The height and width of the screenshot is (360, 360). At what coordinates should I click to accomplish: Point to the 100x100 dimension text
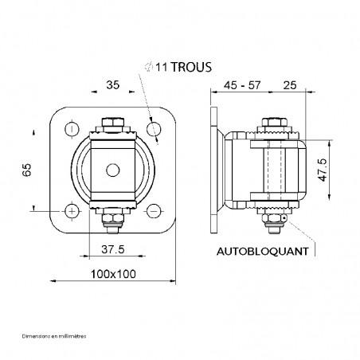[111, 273]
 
